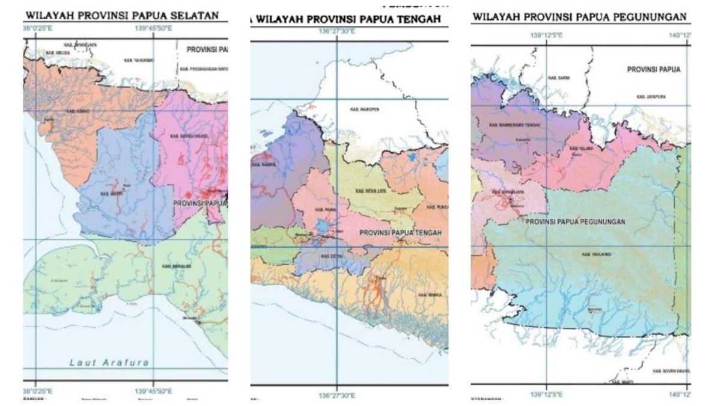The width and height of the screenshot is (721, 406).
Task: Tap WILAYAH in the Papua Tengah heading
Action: pyautogui.click(x=279, y=19)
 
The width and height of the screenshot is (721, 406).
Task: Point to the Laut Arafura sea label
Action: pyautogui.click(x=109, y=362)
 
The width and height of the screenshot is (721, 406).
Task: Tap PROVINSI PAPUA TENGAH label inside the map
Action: pyautogui.click(x=401, y=233)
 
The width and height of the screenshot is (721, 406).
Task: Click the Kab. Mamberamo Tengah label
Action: pyautogui.click(x=514, y=125)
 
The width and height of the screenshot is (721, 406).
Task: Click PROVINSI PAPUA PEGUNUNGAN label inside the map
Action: pyautogui.click(x=575, y=222)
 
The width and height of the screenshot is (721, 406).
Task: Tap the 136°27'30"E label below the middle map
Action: pyautogui.click(x=336, y=396)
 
